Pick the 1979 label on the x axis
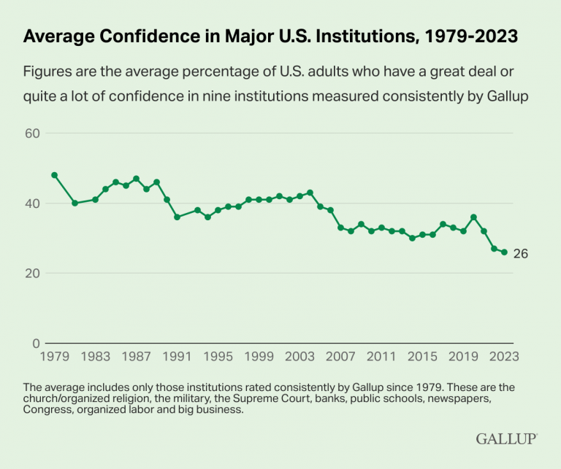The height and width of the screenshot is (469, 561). [x=54, y=357]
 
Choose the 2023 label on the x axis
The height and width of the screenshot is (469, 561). [x=503, y=357]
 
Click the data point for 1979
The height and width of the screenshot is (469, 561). [x=54, y=175]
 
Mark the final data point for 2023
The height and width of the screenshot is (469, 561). [x=504, y=252]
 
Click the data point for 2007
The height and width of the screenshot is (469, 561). [x=340, y=228]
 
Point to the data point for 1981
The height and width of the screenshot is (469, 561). [x=75, y=203]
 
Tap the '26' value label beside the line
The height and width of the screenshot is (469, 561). [x=520, y=254]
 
